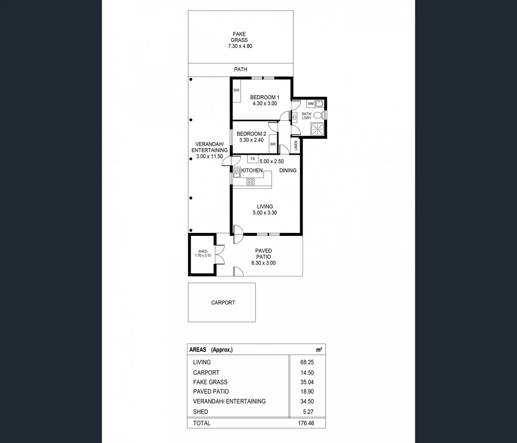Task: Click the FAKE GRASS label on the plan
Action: point(239,37)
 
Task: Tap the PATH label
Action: point(241,69)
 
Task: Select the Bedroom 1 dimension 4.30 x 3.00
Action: point(264,103)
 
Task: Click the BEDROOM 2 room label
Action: point(251,134)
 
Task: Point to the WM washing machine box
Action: point(311,104)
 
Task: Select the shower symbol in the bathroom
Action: point(317,129)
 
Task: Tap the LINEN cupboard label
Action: point(296,146)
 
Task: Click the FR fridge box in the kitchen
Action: point(253,159)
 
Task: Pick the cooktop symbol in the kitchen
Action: point(250,182)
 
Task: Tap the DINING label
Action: point(288,170)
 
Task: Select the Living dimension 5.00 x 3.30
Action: point(265,212)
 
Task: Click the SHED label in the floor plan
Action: point(203,251)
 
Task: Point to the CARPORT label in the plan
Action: point(223,303)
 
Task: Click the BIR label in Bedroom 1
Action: point(237,90)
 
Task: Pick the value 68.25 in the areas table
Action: point(307,362)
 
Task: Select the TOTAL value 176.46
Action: point(306,423)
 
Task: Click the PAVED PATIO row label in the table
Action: point(211,391)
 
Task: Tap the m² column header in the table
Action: point(319,350)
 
